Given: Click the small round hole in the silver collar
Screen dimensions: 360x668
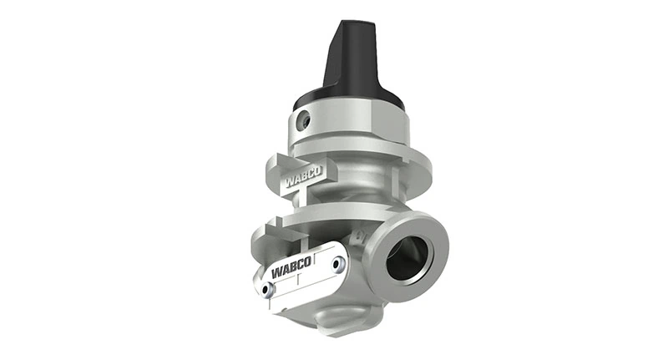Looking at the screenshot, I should [x=306, y=122].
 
